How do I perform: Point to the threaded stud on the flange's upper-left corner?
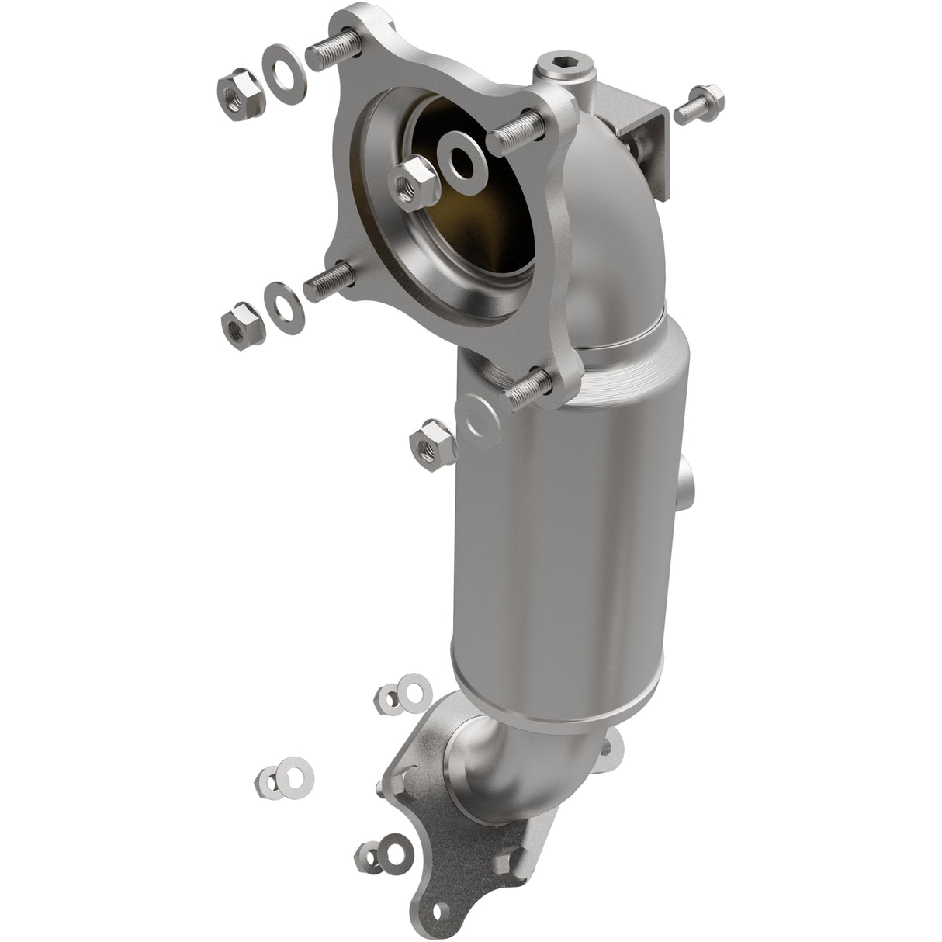coord(331,49)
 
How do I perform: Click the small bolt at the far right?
coord(698,105)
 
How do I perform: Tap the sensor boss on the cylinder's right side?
coord(688,482)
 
